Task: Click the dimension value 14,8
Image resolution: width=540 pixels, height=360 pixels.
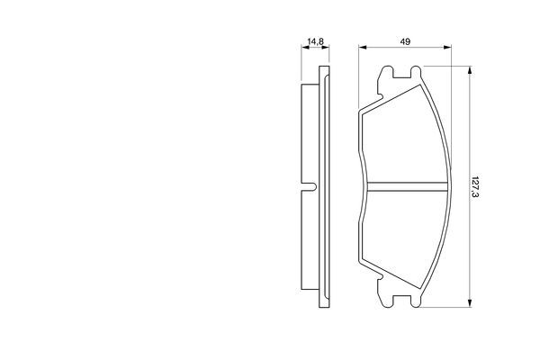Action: pyautogui.click(x=315, y=42)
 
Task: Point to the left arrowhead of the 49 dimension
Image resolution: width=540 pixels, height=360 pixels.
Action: pyautogui.click(x=362, y=49)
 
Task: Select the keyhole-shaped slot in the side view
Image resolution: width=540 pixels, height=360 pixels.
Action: pyautogui.click(x=309, y=187)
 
